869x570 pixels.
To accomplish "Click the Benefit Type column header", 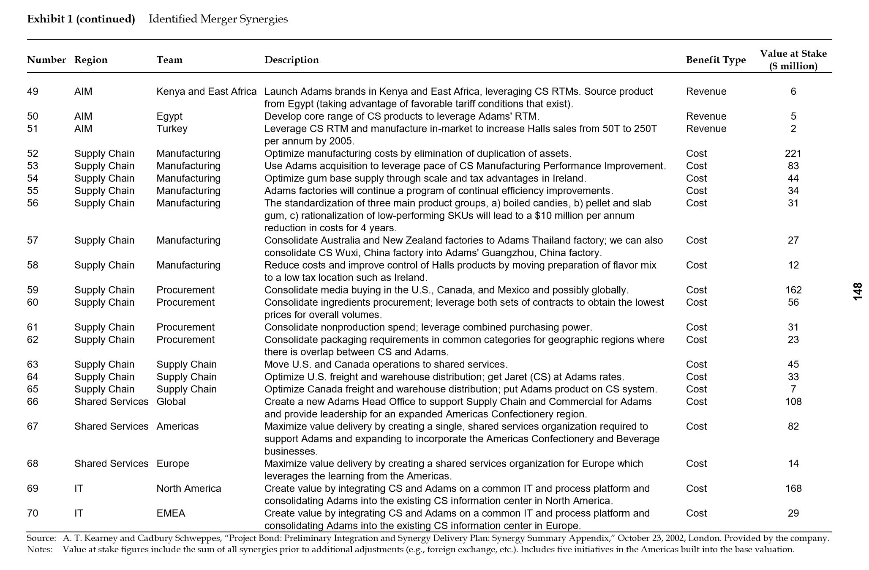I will coord(716,60).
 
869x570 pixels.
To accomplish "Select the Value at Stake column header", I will coord(793,60).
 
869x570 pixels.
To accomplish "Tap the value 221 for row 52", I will coord(793,153).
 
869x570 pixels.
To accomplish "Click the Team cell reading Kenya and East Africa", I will coord(206,92).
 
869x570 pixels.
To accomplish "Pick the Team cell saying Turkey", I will coord(172,129).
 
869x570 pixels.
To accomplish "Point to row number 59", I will coord(33,290).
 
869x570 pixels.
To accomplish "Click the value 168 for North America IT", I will coord(793,488).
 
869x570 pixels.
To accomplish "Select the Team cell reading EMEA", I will coord(171,513).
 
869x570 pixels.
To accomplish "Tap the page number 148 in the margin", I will coord(857,292).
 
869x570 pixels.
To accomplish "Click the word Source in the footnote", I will coord(41,538).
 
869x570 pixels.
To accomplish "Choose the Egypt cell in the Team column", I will coord(169,116).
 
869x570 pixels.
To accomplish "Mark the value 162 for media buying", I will coord(793,290).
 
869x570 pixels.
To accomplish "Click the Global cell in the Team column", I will coord(171,402).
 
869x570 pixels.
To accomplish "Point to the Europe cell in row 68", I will coord(172,463).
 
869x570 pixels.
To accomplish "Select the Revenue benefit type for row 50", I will coord(706,116).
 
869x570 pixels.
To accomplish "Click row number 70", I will coord(33,513).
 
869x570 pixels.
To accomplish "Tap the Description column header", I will coord(291,60).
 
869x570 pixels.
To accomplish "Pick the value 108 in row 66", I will coord(793,402).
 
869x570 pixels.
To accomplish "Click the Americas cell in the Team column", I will coord(177,426).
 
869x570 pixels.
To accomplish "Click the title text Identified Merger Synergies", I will coord(218,19).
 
